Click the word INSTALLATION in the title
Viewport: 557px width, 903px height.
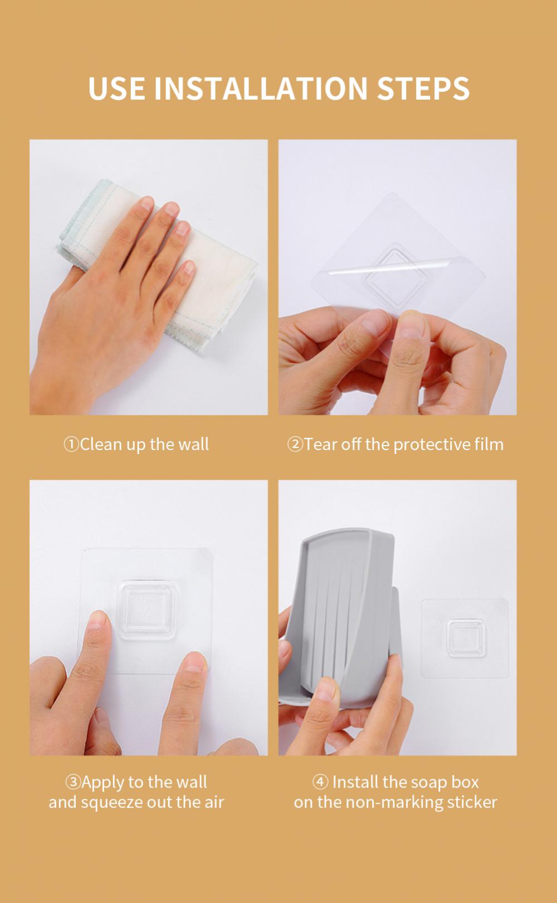pos(261,88)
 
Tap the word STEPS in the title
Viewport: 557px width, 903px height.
pos(423,88)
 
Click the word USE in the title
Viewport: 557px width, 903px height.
pos(116,88)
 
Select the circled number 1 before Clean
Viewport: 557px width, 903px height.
pos(71,445)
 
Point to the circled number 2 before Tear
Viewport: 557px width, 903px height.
pos(295,445)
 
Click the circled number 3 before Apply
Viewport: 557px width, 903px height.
pos(73,782)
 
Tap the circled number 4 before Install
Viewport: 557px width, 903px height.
pos(320,782)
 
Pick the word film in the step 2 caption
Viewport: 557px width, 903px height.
pos(489,444)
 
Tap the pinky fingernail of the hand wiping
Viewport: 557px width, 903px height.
pos(189,267)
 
